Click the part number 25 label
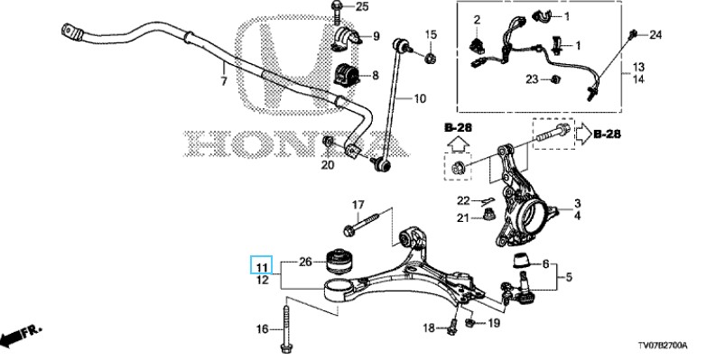pyautogui.click(x=362, y=7)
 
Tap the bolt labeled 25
pyautogui.click(x=336, y=12)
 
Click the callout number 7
pyautogui.click(x=224, y=81)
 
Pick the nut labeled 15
pyautogui.click(x=430, y=58)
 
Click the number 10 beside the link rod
pyautogui.click(x=420, y=98)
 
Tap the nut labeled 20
pyautogui.click(x=329, y=143)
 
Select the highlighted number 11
pyautogui.click(x=262, y=268)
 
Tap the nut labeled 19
pyautogui.click(x=470, y=323)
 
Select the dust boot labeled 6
pyautogui.click(x=522, y=261)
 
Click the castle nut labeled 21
pyautogui.click(x=487, y=214)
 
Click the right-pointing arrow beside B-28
pyautogui.click(x=583, y=134)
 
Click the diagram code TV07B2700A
pyautogui.click(x=663, y=346)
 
